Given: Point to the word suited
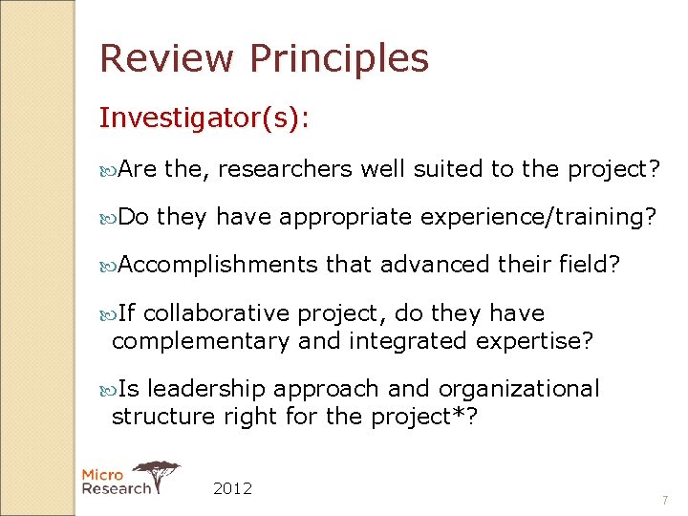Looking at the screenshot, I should click(448, 169).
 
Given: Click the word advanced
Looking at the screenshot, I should click(434, 264).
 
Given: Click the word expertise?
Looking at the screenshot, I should click(539, 341).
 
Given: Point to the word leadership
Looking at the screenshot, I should click(206, 389).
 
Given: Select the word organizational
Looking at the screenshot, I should click(519, 389).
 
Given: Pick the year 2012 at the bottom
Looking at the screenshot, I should click(233, 488).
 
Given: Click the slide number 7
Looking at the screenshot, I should click(666, 501).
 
